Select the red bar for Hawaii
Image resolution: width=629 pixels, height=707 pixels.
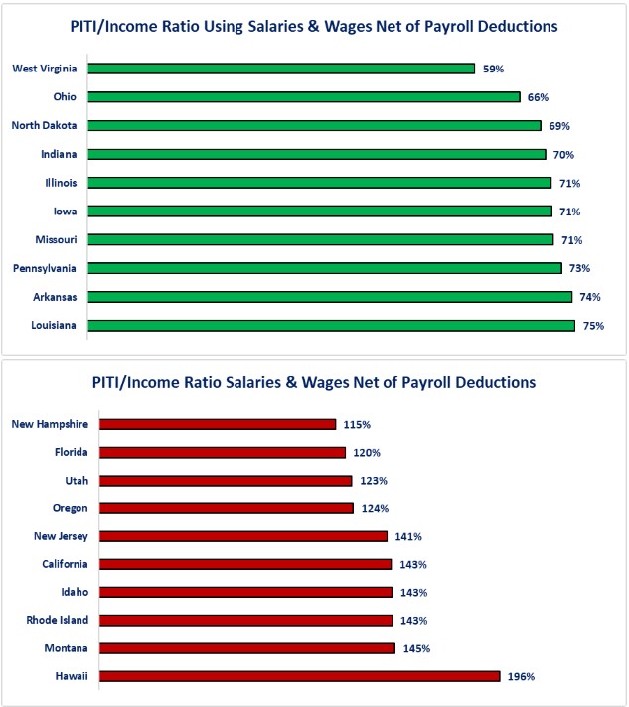[300, 676]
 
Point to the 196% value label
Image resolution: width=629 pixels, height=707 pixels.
[522, 676]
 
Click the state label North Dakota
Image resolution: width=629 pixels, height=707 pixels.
[45, 125]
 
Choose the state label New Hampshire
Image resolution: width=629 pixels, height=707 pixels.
[50, 424]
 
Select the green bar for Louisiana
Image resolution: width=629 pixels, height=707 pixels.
[332, 325]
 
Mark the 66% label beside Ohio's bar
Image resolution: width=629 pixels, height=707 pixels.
[538, 97]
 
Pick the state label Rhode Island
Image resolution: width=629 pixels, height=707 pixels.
[55, 620]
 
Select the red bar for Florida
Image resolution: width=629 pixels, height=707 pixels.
[224, 452]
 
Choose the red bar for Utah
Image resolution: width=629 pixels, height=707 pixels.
[227, 480]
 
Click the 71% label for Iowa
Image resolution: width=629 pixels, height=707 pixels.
[568, 212]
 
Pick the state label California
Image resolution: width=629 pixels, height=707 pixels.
[62, 564]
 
